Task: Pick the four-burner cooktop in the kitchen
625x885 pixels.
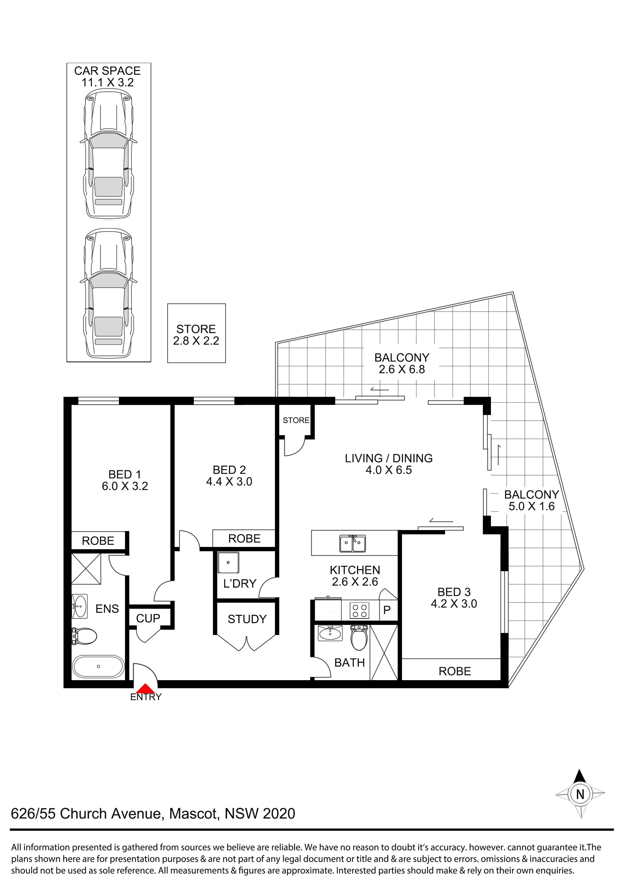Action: pyautogui.click(x=360, y=611)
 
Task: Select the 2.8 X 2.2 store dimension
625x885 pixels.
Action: pyautogui.click(x=196, y=341)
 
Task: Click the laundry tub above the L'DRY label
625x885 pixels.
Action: pyautogui.click(x=228, y=563)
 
